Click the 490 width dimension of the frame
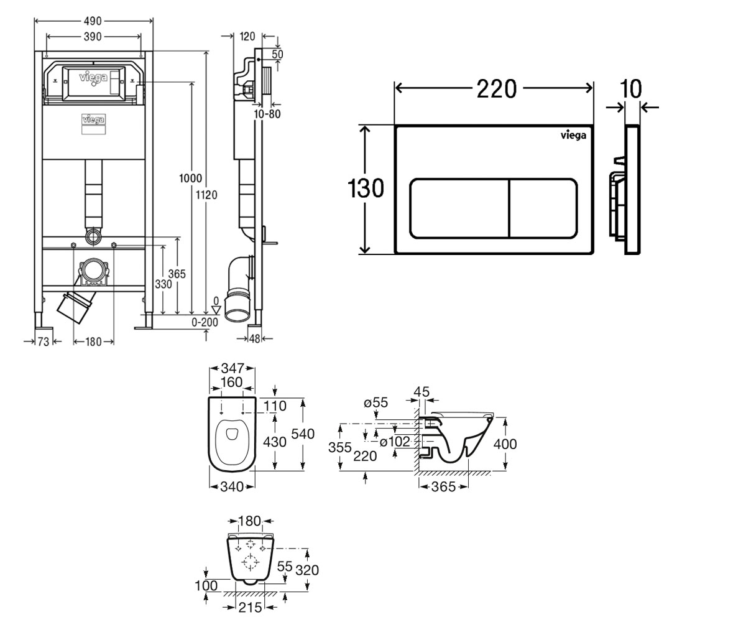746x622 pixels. (93, 21)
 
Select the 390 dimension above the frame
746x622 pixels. (93, 37)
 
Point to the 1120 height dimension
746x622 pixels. (206, 195)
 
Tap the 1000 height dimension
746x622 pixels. (190, 178)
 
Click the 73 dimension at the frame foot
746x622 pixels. (44, 342)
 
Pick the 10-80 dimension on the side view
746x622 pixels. (267, 114)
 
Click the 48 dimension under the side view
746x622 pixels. (254, 338)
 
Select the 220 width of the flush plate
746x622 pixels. (497, 89)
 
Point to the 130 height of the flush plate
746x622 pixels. (366, 188)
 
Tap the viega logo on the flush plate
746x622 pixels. (573, 135)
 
